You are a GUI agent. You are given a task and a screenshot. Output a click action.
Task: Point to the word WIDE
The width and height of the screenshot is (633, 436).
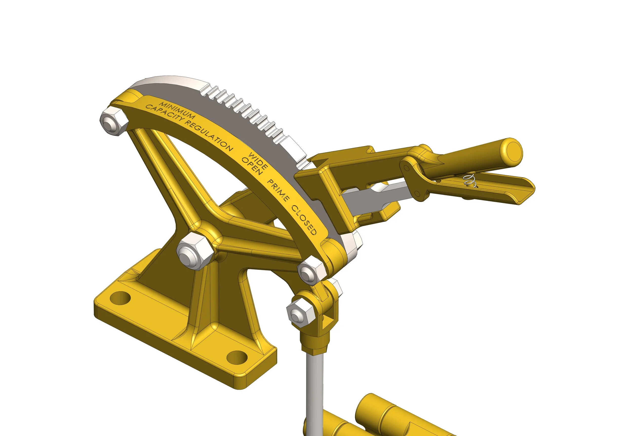tap(258, 160)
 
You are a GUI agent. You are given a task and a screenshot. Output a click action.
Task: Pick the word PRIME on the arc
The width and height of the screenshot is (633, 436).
tap(278, 190)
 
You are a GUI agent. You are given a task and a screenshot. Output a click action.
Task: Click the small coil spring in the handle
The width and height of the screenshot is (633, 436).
tap(470, 181)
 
